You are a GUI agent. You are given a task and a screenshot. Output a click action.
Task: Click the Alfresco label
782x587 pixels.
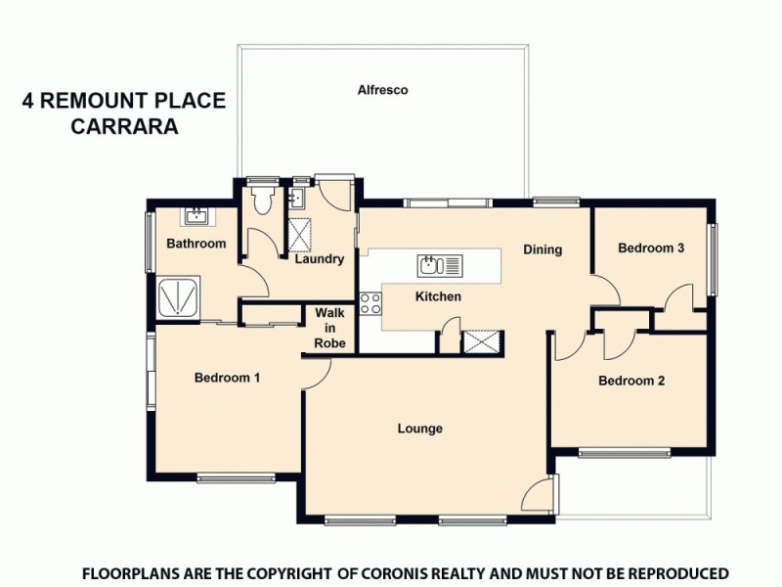(382, 90)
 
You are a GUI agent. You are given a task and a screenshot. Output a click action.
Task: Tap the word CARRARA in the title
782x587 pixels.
(125, 126)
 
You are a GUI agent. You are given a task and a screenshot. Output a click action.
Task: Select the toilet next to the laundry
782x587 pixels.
(261, 202)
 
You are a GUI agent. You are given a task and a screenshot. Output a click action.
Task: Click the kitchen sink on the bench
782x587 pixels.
(431, 264)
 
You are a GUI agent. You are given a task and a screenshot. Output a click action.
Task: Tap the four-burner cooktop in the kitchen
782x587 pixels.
(370, 303)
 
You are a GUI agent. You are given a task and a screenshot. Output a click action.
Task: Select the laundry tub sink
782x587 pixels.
(298, 200)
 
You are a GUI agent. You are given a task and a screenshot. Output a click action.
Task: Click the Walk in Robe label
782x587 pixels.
(328, 328)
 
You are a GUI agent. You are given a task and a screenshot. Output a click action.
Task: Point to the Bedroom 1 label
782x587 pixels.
(227, 378)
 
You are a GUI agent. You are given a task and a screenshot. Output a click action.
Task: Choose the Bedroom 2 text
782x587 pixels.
(631, 381)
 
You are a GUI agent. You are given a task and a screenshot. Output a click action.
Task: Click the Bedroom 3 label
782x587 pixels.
(651, 248)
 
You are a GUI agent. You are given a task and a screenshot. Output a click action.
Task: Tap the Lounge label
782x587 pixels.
(419, 429)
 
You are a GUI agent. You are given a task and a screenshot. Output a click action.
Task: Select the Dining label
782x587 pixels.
(542, 249)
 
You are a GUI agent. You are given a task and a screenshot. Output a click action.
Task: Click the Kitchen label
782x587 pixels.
(438, 296)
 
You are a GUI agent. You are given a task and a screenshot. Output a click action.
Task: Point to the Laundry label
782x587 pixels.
(319, 259)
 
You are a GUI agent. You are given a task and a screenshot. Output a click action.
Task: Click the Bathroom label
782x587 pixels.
(195, 244)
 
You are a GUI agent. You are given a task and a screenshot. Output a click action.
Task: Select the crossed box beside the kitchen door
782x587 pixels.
(481, 342)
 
